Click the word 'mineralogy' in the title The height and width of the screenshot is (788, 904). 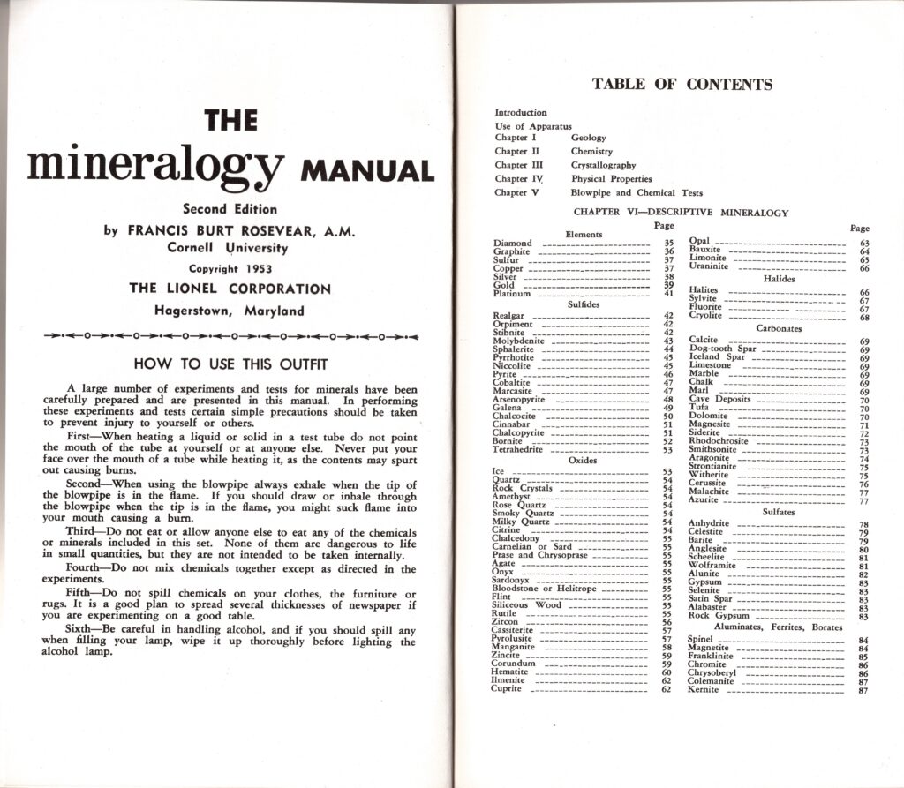tap(155, 163)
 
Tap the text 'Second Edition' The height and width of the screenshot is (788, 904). tap(230, 209)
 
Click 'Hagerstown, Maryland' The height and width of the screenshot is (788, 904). tap(230, 311)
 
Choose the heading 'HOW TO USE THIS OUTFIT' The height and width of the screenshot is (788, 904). tap(230, 364)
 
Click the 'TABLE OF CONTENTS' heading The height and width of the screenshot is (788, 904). tap(682, 85)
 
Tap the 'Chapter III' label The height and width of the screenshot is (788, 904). tap(512, 165)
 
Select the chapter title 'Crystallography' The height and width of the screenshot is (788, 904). tap(603, 165)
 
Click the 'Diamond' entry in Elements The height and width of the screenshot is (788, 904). tap(513, 243)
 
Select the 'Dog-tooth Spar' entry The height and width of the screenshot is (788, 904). tap(722, 349)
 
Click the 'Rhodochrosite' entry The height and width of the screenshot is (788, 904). tap(718, 442)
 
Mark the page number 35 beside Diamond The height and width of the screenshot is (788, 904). tap(668, 243)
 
